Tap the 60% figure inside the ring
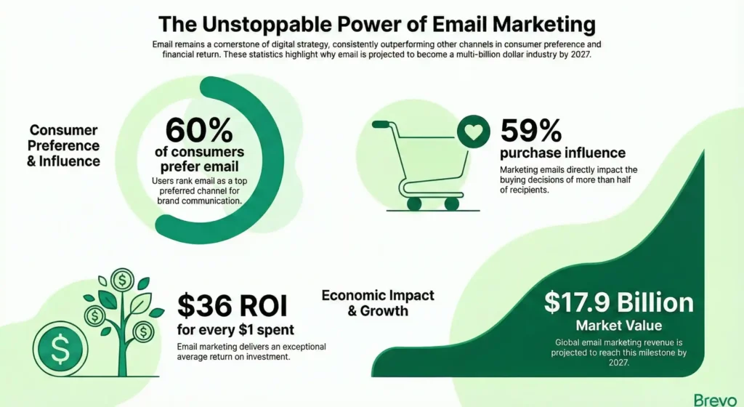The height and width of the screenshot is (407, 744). (199, 129)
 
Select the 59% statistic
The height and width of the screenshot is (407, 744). (531, 130)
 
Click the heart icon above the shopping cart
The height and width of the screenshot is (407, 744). (471, 133)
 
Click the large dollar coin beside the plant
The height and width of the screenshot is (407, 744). (60, 352)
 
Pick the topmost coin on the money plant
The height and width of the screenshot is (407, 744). (121, 279)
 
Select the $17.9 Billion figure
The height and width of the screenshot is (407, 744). (618, 303)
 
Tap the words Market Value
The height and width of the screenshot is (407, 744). (618, 325)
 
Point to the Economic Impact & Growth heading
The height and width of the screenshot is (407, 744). (378, 303)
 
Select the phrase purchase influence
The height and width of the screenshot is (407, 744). (562, 153)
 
